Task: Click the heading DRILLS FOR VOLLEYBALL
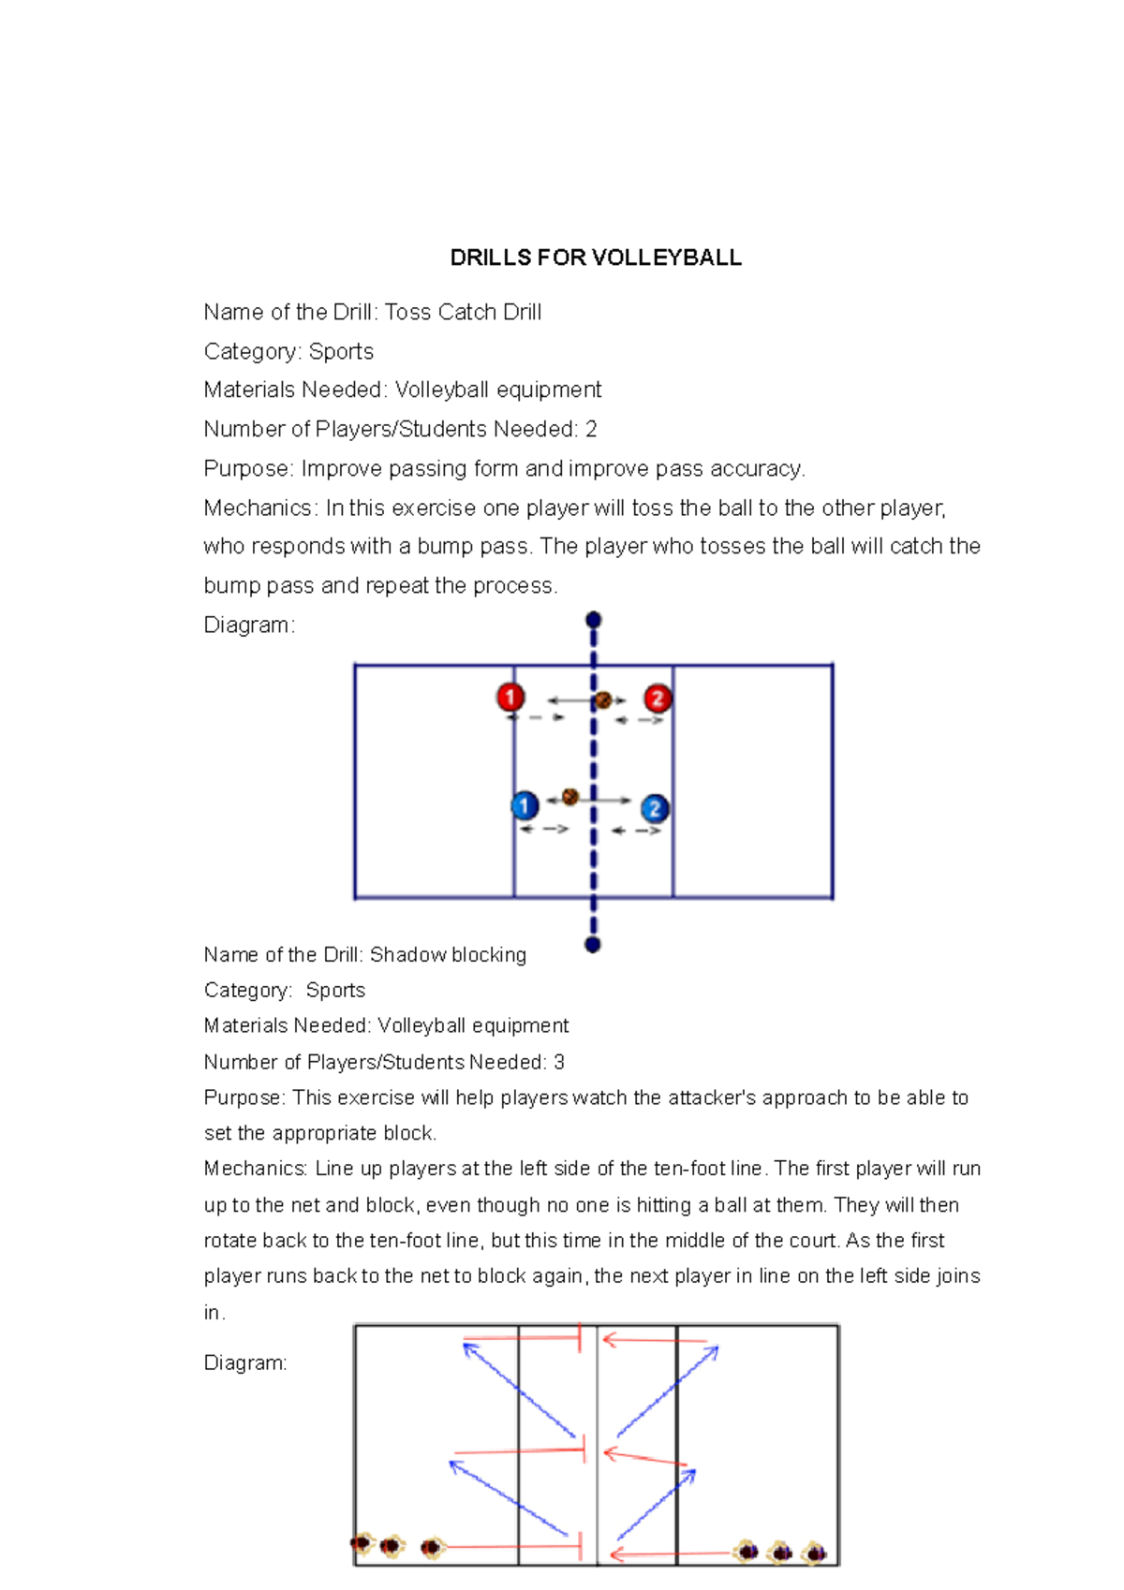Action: [596, 258]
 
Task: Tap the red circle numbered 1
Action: [510, 697]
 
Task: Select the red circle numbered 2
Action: [658, 699]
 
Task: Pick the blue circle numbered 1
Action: [525, 805]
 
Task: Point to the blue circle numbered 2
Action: [655, 808]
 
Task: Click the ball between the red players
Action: [603, 699]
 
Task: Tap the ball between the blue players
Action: [569, 797]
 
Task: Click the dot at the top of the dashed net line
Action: [593, 620]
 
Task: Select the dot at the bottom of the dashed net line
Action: [592, 945]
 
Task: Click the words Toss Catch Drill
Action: [463, 313]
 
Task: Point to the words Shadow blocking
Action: [448, 955]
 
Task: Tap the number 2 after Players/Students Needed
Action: [591, 430]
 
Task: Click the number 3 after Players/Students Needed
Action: [559, 1063]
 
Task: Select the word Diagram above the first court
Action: [247, 626]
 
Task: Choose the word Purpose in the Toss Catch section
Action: [247, 469]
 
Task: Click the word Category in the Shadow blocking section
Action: [245, 991]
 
